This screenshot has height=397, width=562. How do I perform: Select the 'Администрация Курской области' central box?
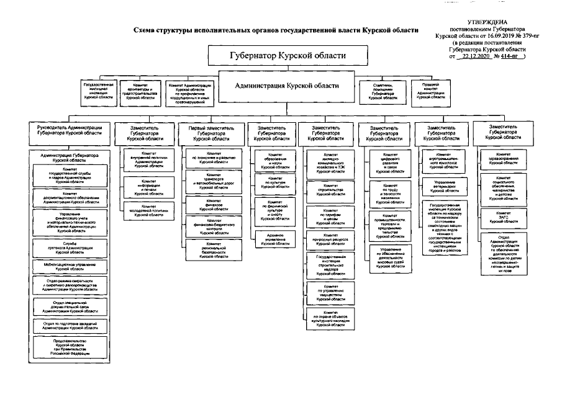[287, 85]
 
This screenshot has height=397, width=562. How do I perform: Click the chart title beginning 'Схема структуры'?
[276, 29]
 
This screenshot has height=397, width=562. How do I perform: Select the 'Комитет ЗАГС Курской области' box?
[503, 216]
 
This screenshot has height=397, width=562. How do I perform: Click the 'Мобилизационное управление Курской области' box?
[65, 266]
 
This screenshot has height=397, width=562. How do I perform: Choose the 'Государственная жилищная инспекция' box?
[98, 91]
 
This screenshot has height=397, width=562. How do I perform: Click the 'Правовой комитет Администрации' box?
[430, 91]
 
